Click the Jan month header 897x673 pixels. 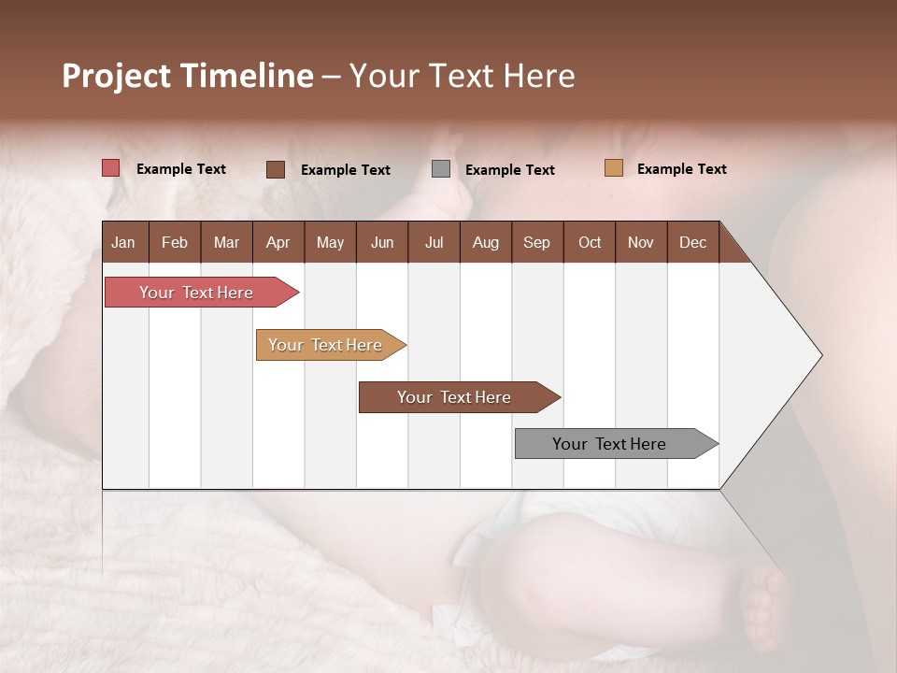click(123, 243)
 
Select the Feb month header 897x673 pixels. click(175, 243)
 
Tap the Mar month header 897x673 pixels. click(226, 243)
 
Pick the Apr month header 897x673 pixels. click(278, 243)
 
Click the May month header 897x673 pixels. click(330, 243)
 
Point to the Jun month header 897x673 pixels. click(382, 243)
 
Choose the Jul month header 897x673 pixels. click(434, 243)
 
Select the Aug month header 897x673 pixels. click(485, 243)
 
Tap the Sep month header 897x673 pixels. click(536, 243)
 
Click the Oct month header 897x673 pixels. click(590, 243)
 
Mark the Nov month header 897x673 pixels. click(641, 243)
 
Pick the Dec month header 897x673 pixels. click(692, 243)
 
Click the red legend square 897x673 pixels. click(111, 168)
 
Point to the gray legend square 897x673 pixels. click(441, 169)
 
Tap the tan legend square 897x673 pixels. click(614, 168)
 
